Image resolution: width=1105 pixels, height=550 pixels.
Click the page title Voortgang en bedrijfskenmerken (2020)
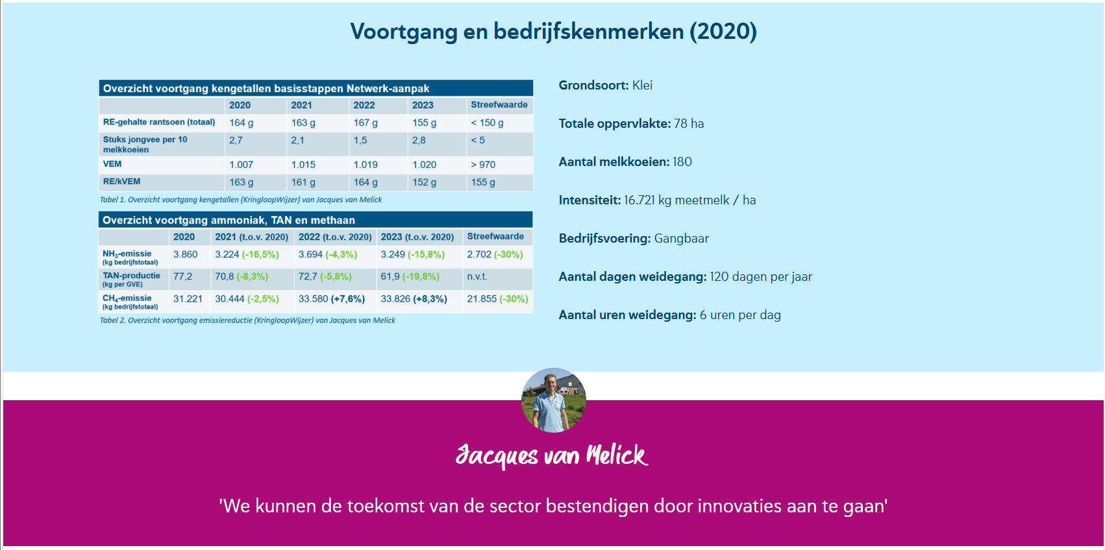pos(554,32)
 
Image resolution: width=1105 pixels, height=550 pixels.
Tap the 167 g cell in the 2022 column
pos(366,123)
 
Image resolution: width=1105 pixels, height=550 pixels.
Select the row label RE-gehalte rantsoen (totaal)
pos(159,122)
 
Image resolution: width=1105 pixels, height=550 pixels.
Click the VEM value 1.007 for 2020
pos(242,165)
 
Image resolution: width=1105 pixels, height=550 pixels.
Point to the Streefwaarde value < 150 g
pos(487,123)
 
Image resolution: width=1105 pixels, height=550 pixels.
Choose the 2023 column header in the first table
pos(423,105)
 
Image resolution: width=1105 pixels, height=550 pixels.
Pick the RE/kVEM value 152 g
pos(424,182)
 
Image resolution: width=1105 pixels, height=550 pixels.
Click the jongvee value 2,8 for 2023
pos(419,141)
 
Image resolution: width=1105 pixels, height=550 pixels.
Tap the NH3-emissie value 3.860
pos(186,254)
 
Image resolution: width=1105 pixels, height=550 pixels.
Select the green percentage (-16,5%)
pos(260,254)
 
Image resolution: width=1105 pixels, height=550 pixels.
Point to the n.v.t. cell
pos(477,276)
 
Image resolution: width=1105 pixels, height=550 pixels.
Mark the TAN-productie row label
pos(131,279)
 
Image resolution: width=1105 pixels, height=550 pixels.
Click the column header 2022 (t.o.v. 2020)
pos(335,237)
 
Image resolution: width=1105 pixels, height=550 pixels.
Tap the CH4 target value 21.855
pos(482,298)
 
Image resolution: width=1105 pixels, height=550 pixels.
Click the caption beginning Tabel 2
pos(247,320)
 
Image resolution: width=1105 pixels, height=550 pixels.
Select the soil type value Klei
pos(642,85)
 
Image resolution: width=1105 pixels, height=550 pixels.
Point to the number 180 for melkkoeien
pos(682,161)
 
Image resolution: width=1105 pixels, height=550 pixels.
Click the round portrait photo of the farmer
pos(554,400)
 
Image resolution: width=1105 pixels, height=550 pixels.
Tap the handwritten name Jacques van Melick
pos(552,455)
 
